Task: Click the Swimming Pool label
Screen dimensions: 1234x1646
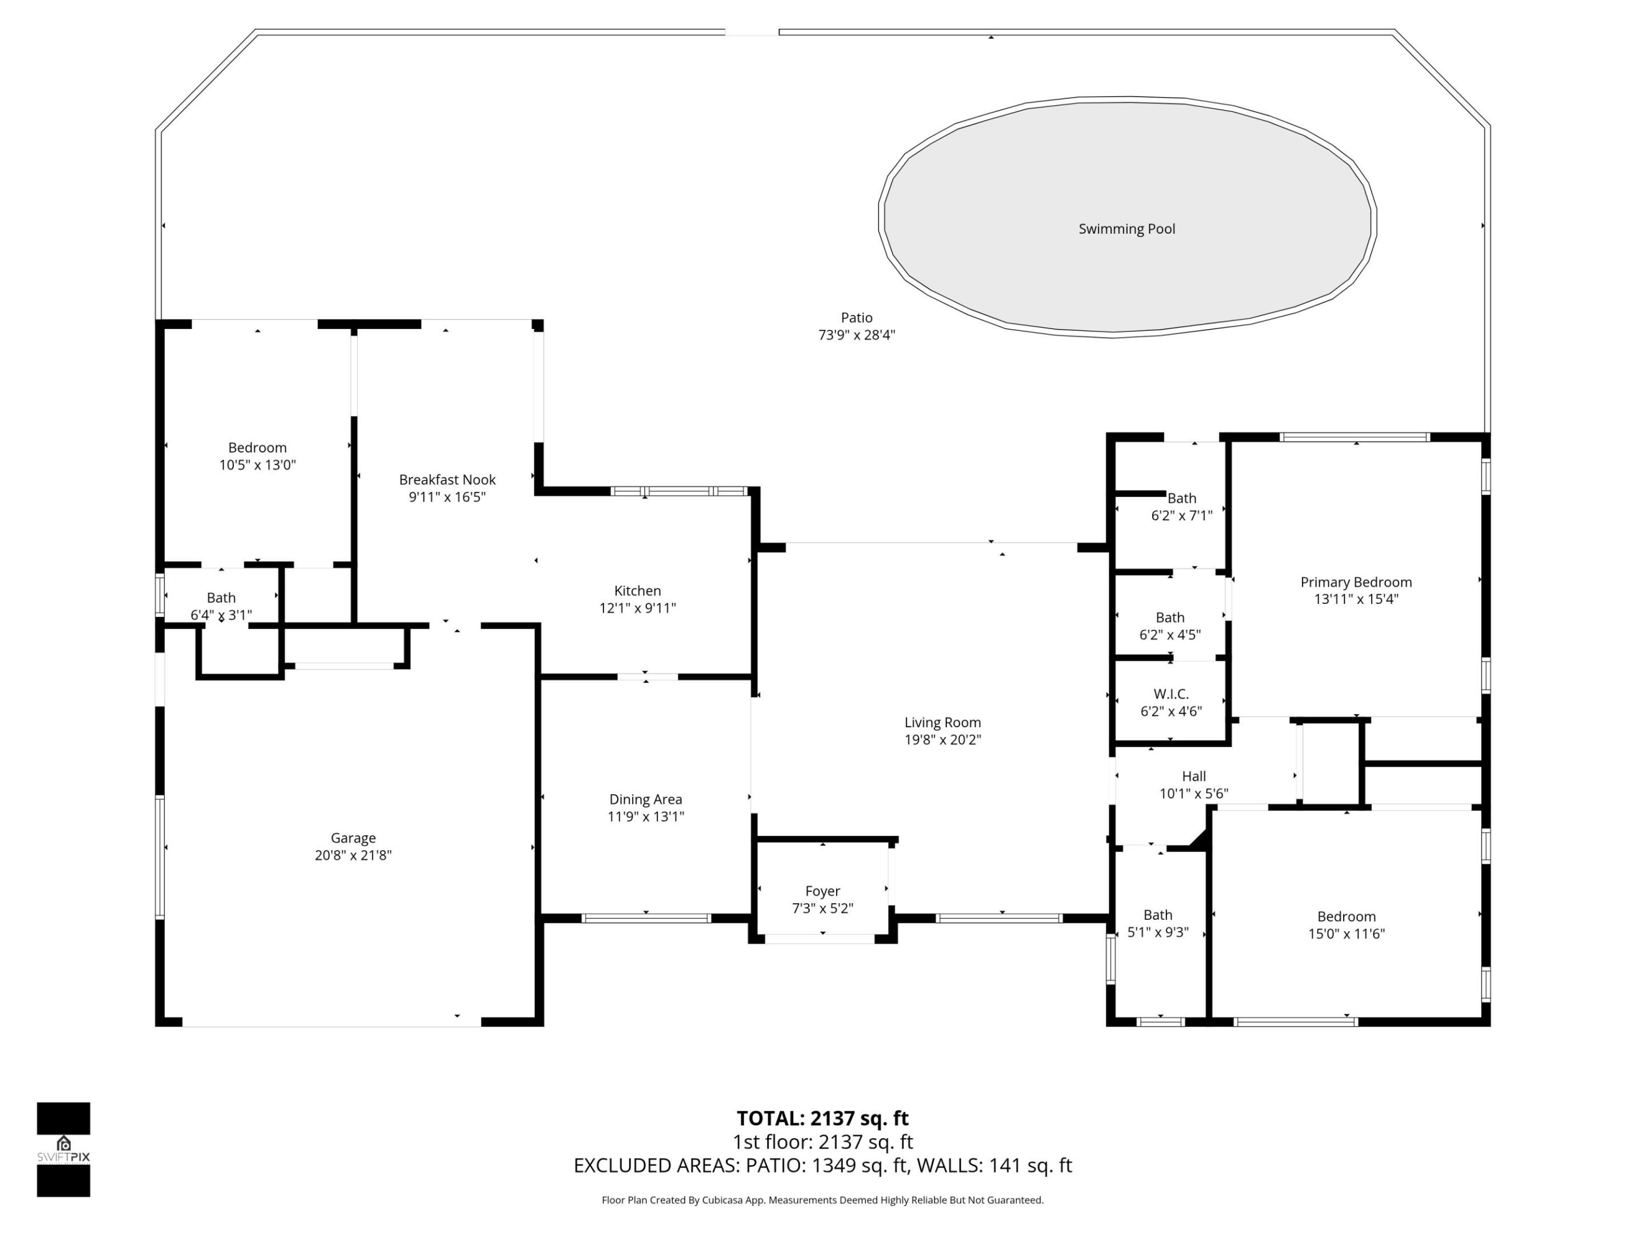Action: coord(1126,229)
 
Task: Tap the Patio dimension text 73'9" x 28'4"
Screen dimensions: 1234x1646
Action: coord(857,335)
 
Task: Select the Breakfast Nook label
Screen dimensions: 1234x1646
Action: coord(446,480)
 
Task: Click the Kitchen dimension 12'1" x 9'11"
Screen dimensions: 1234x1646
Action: coord(638,608)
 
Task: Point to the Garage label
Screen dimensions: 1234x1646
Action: coord(353,838)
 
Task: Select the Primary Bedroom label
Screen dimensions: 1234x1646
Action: coord(1356,582)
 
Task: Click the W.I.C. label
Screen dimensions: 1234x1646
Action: coord(1170,694)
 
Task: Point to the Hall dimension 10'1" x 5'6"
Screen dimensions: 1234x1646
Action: coord(1193,794)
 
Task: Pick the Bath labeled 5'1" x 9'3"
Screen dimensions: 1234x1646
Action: coord(1158,915)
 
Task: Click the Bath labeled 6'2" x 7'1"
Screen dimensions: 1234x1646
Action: coord(1182,498)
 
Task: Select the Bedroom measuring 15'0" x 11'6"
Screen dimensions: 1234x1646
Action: coord(1346,917)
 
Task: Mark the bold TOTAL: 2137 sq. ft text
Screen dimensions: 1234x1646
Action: coord(822,1119)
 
